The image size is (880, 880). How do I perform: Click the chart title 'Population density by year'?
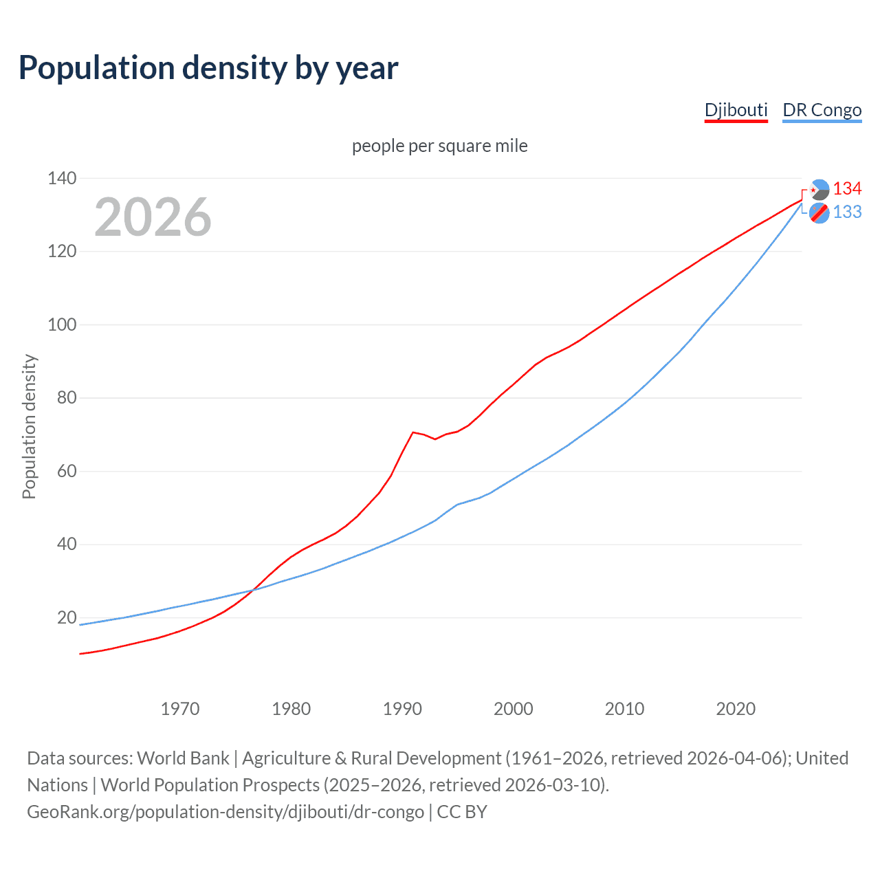tap(208, 68)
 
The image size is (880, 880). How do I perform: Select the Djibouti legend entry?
tap(736, 110)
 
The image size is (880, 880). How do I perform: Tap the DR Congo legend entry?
tap(822, 110)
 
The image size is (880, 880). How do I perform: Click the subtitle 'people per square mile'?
tap(439, 146)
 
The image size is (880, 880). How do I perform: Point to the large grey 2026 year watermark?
tap(153, 217)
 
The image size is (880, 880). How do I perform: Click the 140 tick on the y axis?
tap(62, 178)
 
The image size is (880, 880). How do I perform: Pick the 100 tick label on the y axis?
tap(62, 324)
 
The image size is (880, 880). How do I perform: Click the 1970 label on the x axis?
tap(180, 709)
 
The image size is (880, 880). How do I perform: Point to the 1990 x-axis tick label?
tap(402, 709)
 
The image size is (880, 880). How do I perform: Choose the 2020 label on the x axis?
tap(736, 709)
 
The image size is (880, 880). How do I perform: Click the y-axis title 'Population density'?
tap(29, 426)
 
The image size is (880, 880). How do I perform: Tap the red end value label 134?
tap(847, 189)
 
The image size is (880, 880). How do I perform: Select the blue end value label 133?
tap(847, 212)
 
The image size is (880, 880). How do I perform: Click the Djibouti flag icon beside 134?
tap(819, 190)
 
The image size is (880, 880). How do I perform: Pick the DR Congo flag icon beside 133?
tap(819, 213)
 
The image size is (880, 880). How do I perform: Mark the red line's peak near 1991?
tap(412, 432)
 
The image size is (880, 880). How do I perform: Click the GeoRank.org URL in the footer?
tap(225, 812)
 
